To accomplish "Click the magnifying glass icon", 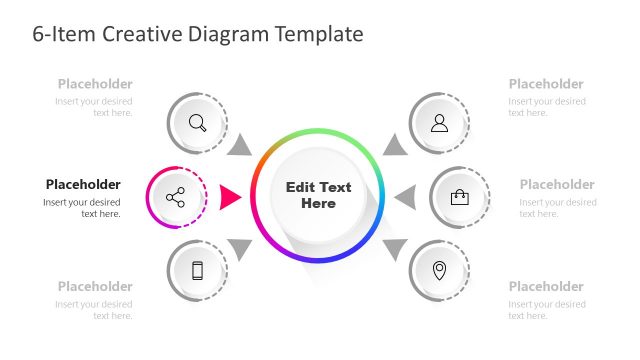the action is point(198,123).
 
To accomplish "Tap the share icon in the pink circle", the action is point(176,197).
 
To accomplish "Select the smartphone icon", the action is point(197,269).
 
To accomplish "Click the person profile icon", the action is point(439,123).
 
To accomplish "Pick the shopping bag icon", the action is point(460,197).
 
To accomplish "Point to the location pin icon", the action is point(439,270).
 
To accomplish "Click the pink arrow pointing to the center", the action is point(231,196).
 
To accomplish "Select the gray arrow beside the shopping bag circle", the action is point(405,197).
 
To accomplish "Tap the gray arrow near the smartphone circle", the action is point(240,248).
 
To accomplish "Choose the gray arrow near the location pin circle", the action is point(396,248).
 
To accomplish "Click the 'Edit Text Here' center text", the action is point(319,195).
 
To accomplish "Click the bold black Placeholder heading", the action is point(83,184).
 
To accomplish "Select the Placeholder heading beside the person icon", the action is point(546,84).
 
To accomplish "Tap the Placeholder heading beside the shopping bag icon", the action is point(557,184).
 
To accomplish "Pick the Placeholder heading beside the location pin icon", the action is point(546,286).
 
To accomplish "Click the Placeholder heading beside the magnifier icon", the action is point(95,84).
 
